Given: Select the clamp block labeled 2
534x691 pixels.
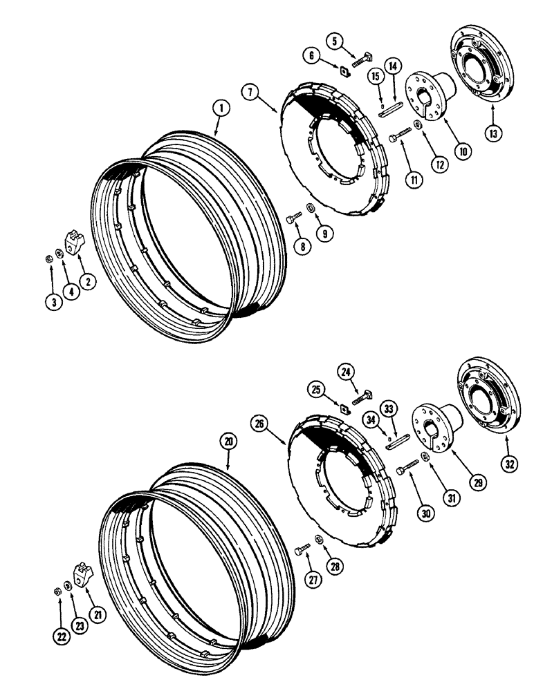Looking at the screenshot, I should coord(74,244).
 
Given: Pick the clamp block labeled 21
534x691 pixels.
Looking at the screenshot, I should coord(83,573).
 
